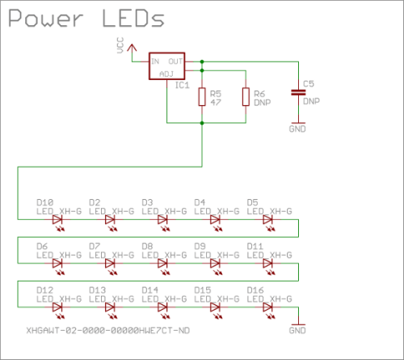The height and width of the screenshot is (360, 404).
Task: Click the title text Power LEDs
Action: [x=84, y=18]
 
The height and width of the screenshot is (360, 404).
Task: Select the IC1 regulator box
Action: [x=167, y=67]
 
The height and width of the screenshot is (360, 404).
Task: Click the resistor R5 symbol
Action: [x=201, y=97]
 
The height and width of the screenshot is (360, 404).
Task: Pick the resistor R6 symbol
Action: [x=246, y=97]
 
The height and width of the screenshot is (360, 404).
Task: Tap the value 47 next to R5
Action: [x=214, y=103]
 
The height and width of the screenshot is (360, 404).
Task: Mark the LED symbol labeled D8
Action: [x=162, y=264]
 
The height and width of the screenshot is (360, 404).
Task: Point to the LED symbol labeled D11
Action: [x=267, y=264]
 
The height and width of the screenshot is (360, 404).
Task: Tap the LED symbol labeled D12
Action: [x=57, y=307]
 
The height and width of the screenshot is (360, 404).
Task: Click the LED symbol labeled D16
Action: [x=267, y=307]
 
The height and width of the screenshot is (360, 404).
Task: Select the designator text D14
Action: [x=150, y=290]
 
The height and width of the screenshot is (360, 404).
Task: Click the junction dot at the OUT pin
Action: [x=201, y=61]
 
